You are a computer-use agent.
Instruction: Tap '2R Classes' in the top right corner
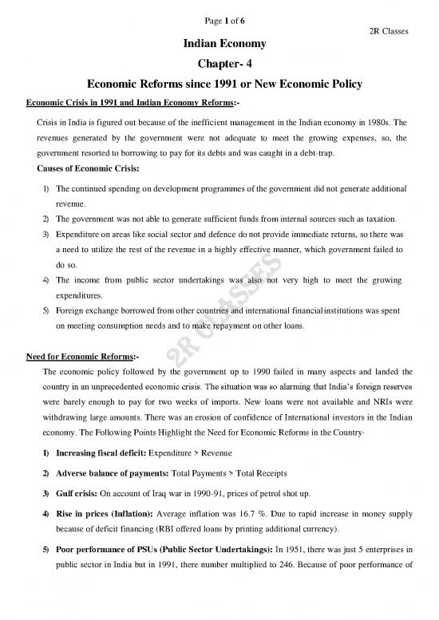click(390, 31)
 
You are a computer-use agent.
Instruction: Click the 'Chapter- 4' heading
click(219, 67)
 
